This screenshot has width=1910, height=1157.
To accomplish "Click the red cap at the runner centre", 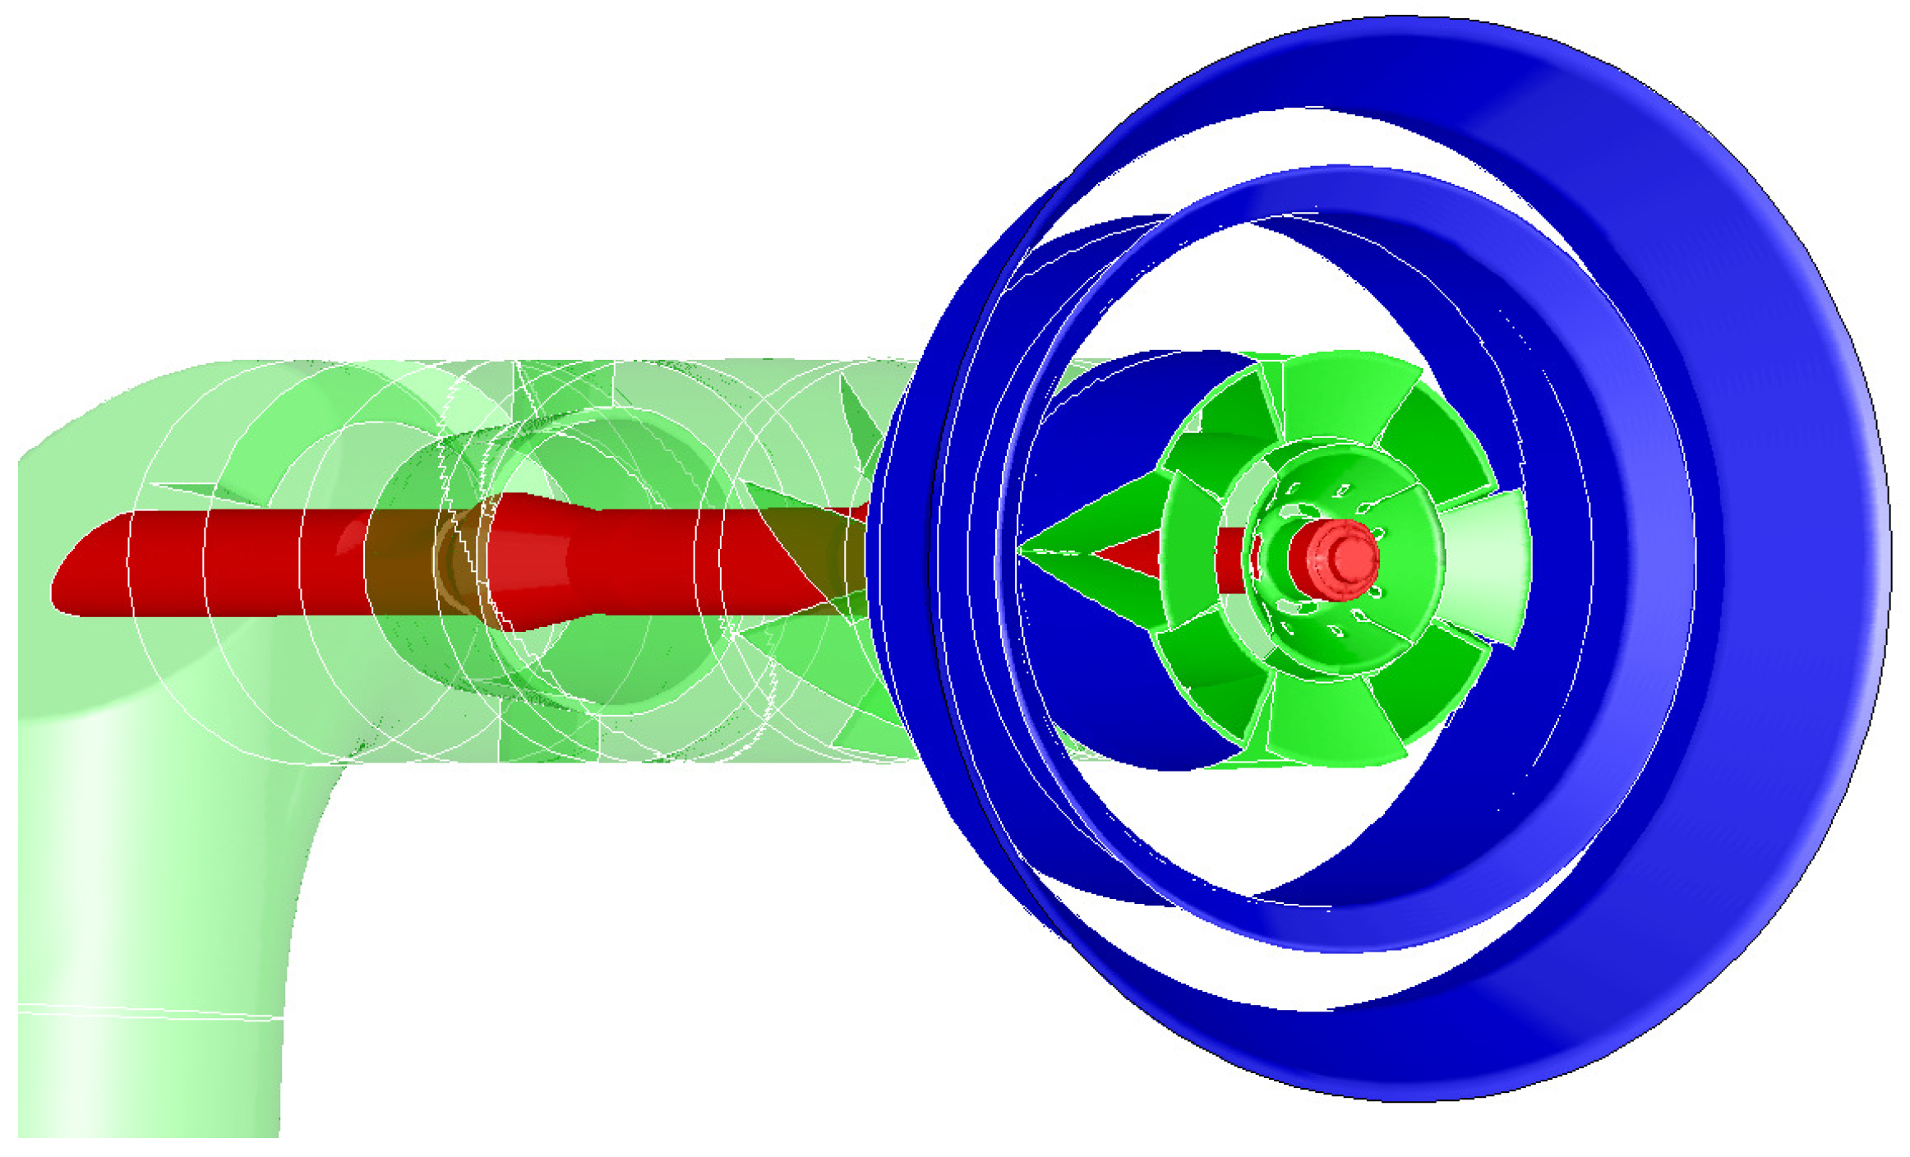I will (x=1333, y=559).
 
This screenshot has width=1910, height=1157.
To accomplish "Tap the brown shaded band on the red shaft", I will (x=403, y=563).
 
